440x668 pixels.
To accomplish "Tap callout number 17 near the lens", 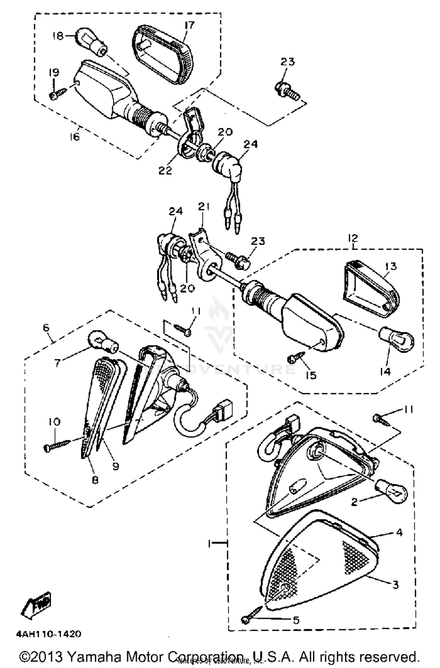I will pyautogui.click(x=189, y=25).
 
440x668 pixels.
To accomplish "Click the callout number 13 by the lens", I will pyautogui.click(x=391, y=266).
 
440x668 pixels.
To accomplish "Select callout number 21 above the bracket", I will pyautogui.click(x=204, y=207).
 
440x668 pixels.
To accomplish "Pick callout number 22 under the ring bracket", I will pyautogui.click(x=165, y=170).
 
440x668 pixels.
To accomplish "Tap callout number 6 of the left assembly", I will pyautogui.click(x=46, y=328).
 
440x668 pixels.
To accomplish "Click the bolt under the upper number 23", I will pyautogui.click(x=287, y=90).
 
